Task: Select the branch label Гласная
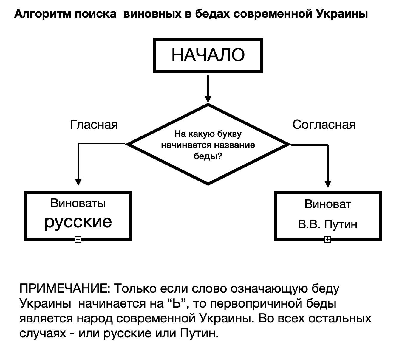[94, 125]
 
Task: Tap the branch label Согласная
[324, 125]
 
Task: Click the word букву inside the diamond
[229, 134]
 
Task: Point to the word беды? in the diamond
[208, 156]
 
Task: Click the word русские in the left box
[78, 222]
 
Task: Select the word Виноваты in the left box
[78, 203]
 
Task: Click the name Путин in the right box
[341, 224]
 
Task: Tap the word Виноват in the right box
[328, 204]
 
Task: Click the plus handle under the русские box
[78, 239]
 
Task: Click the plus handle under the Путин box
[327, 239]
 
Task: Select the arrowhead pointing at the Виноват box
[328, 184]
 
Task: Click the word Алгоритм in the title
[42, 14]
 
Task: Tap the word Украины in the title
[342, 14]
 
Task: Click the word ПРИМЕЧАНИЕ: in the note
[65, 288]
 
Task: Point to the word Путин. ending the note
[199, 333]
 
